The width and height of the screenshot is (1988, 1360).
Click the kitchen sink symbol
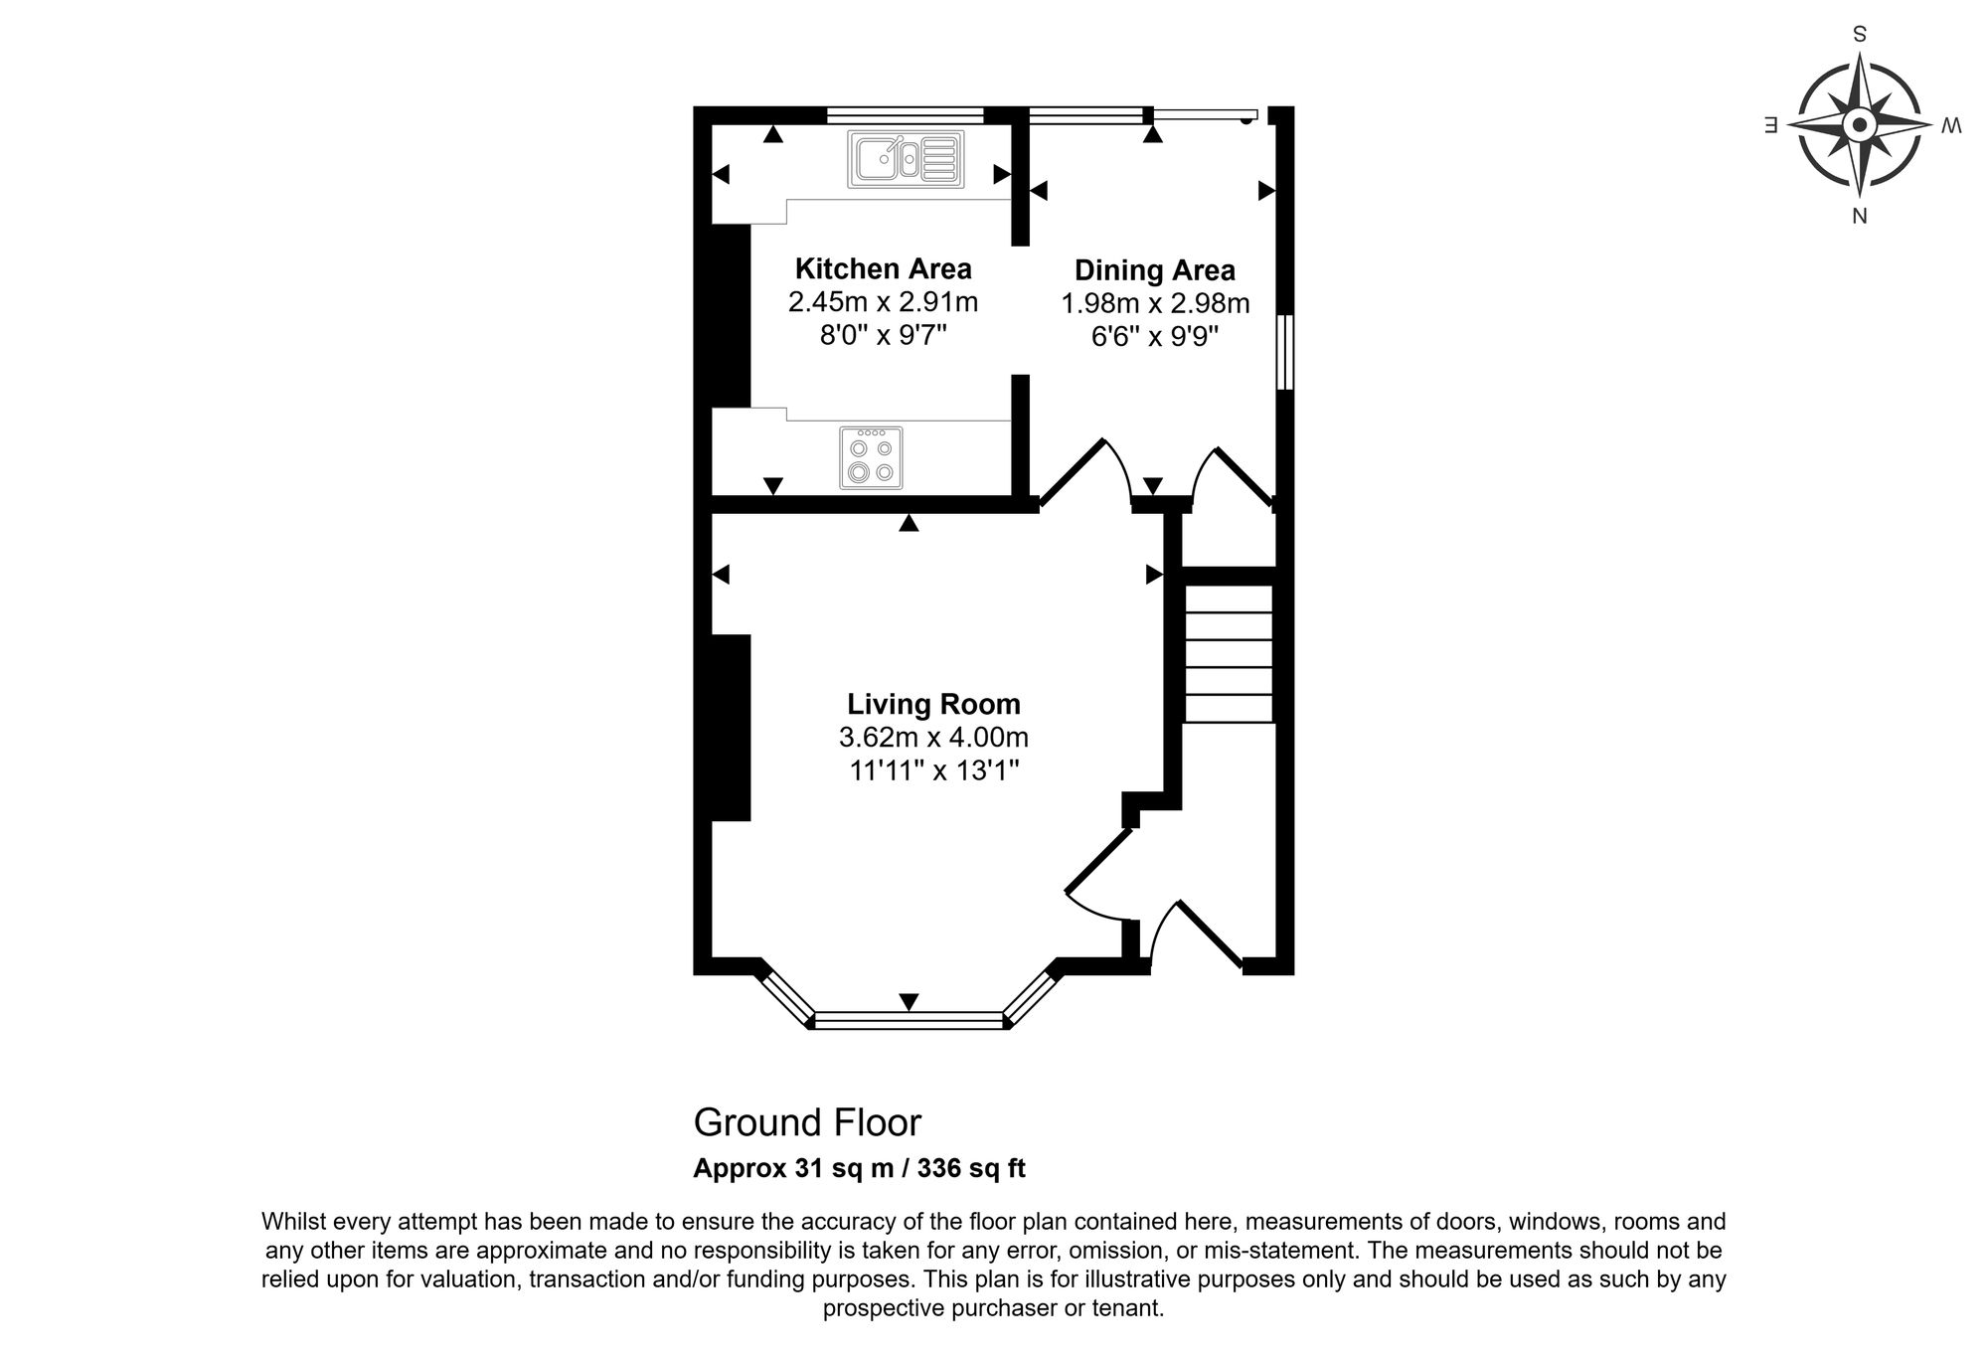pyautogui.click(x=906, y=159)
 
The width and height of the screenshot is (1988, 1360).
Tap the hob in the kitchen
pyautogui.click(x=872, y=457)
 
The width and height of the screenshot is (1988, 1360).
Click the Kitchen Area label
pyautogui.click(x=884, y=268)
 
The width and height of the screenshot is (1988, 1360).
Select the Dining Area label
pyautogui.click(x=1155, y=270)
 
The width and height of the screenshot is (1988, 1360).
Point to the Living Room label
pyautogui.click(x=933, y=704)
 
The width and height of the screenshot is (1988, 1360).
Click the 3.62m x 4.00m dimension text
pyautogui.click(x=933, y=738)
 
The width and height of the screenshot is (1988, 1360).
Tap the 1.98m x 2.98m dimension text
pyautogui.click(x=1155, y=303)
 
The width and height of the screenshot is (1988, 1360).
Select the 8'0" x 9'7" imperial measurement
pyautogui.click(x=884, y=335)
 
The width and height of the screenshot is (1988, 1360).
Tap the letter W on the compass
pyautogui.click(x=1951, y=125)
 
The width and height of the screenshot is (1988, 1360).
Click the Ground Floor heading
pyautogui.click(x=807, y=1122)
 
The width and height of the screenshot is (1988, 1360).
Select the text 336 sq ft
pyautogui.click(x=971, y=1168)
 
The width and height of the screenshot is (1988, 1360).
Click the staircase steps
pyautogui.click(x=1229, y=653)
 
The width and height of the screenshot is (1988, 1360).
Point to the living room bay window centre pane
pyautogui.click(x=909, y=1019)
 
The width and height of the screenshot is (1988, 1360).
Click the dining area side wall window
pyautogui.click(x=1284, y=352)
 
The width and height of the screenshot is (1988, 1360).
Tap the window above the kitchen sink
pyautogui.click(x=905, y=113)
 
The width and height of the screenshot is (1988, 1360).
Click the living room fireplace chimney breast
pyautogui.click(x=731, y=728)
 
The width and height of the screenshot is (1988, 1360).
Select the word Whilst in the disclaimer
pyautogui.click(x=294, y=1221)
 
